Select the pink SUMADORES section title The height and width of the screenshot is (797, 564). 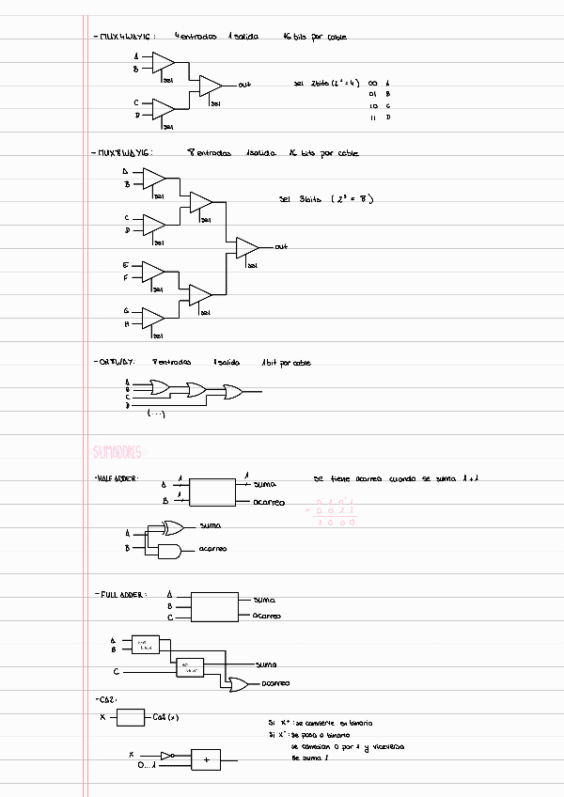pos(117,452)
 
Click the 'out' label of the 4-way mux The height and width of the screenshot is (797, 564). pos(244,85)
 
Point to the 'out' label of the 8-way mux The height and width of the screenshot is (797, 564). pos(281,247)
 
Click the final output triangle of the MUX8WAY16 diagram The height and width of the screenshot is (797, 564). pos(246,247)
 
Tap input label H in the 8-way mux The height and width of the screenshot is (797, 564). pos(126,324)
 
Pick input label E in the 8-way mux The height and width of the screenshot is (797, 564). pos(126,265)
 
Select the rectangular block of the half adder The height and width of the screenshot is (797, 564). pos(213,492)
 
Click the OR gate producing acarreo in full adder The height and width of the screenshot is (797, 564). pos(239,683)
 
